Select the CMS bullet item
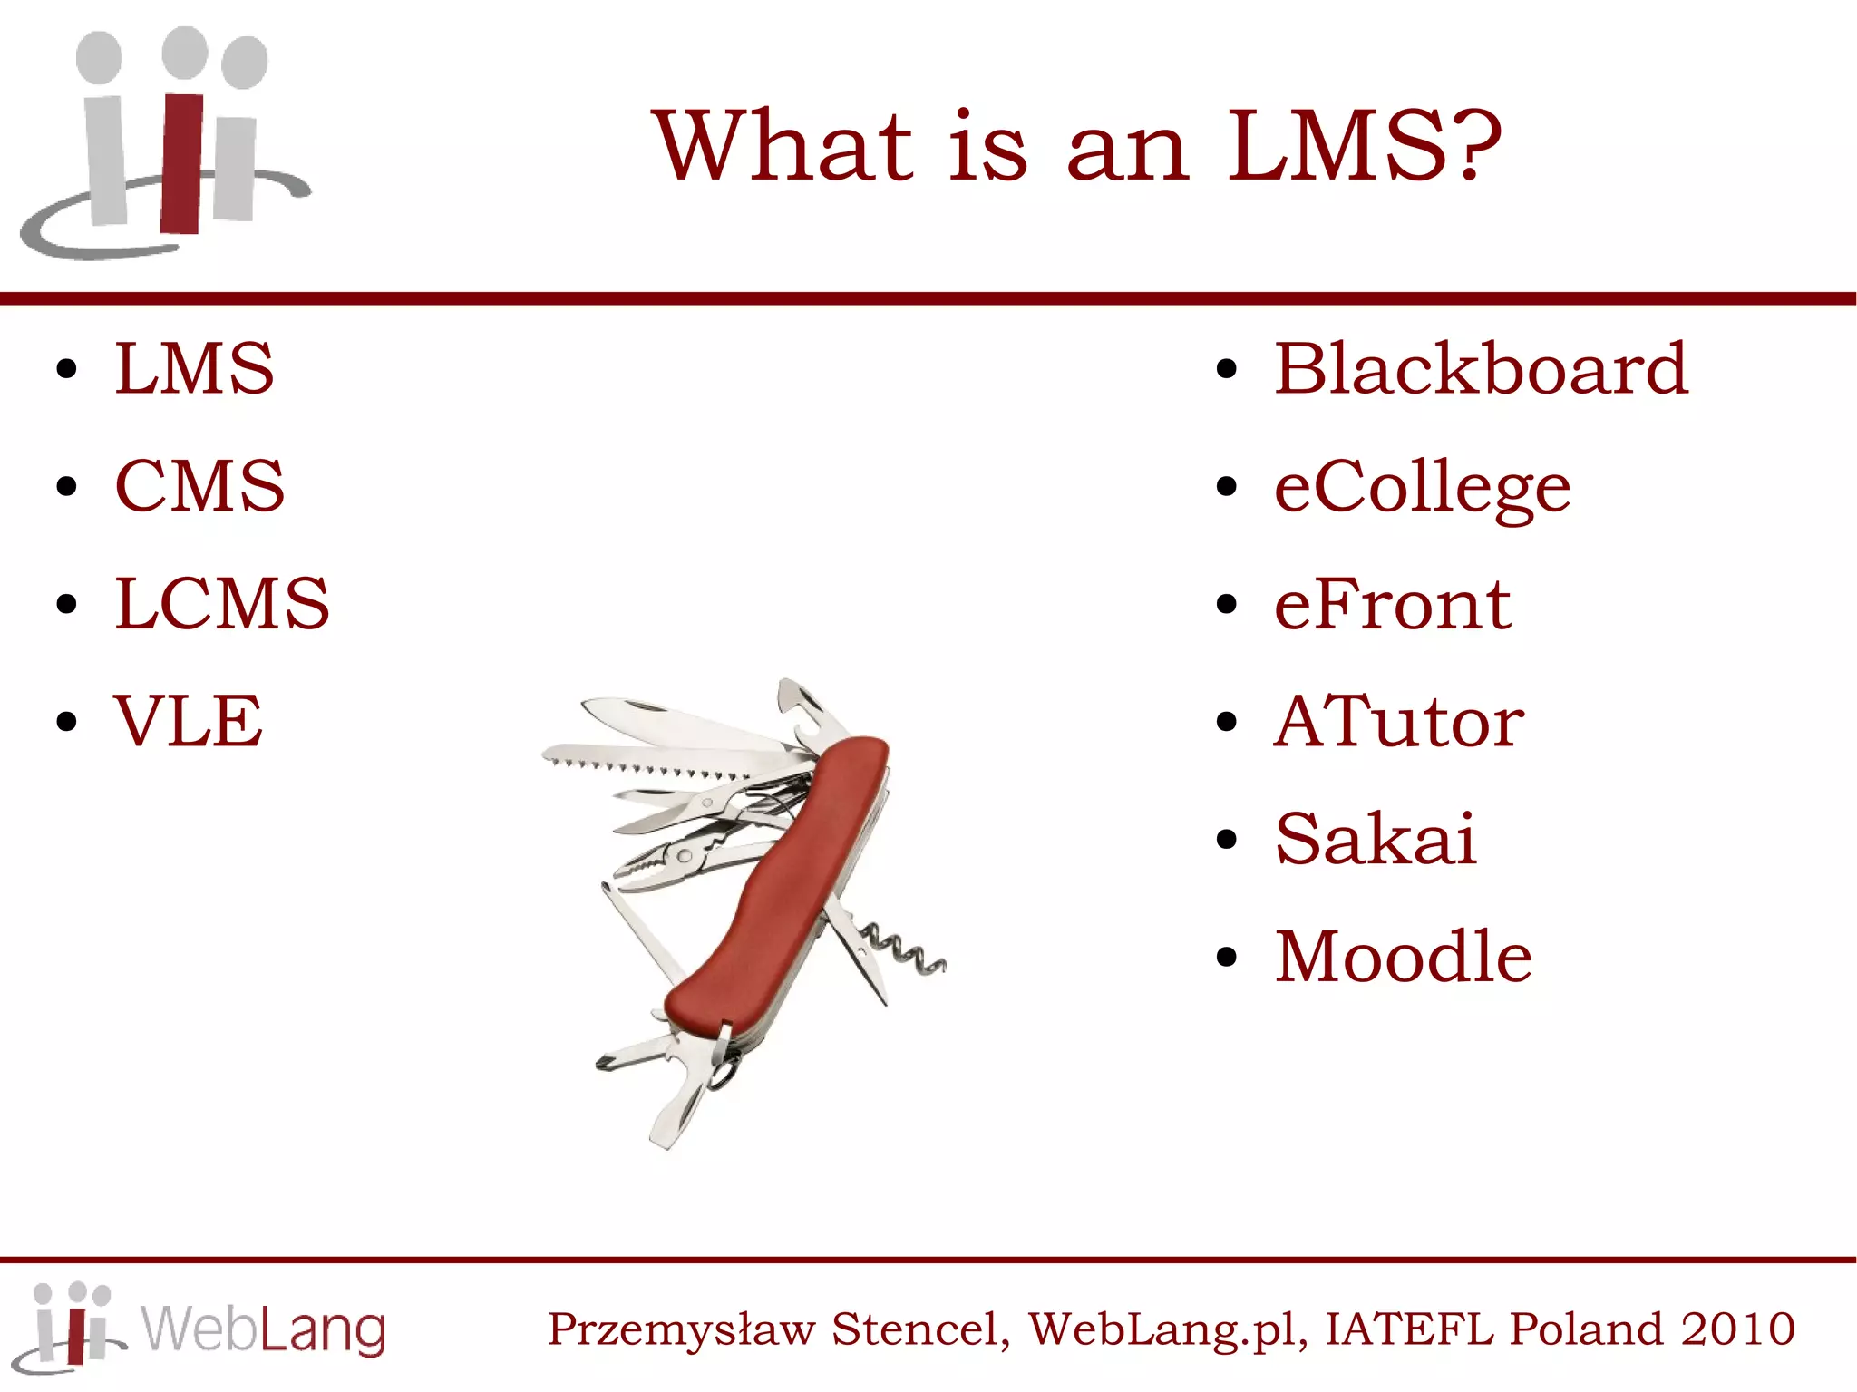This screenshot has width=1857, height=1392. pos(199,486)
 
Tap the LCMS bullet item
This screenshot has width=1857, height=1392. pos(222,604)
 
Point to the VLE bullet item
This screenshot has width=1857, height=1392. pos(189,721)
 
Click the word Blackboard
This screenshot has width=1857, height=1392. pos(1481,369)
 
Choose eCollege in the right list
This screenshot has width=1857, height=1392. pos(1422,488)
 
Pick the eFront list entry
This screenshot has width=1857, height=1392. pos(1392,605)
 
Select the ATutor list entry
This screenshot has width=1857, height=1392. pos(1399,722)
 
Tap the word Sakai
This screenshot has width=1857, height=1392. pos(1376,839)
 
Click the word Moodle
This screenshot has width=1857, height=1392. pos(1403,957)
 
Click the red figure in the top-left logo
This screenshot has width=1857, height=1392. pos(182,163)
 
